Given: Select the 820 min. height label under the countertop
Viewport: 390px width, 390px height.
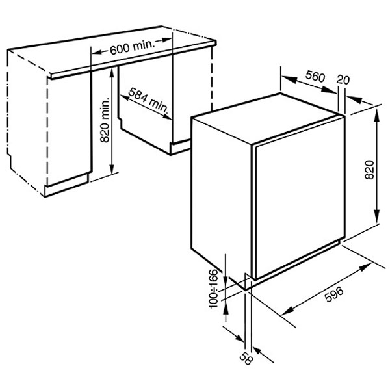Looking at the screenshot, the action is [x=105, y=120].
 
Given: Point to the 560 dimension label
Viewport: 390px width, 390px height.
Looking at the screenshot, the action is [x=315, y=76].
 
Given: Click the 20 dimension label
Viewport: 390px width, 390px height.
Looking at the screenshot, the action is [x=343, y=79].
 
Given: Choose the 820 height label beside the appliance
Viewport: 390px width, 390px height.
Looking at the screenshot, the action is [x=369, y=170].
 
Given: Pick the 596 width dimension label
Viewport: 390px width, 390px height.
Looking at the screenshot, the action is [x=334, y=294].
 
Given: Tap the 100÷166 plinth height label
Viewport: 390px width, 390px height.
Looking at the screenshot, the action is [x=213, y=289].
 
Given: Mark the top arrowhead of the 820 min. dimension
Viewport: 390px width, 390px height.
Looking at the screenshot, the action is [x=112, y=73].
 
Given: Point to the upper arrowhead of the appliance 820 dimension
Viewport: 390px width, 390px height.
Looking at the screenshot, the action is [x=377, y=114].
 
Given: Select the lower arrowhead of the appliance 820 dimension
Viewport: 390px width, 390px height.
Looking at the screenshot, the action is [x=377, y=216].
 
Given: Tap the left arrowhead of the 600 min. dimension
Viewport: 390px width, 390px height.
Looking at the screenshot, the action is [x=97, y=52].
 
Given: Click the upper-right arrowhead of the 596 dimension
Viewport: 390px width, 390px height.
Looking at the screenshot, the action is [x=365, y=267].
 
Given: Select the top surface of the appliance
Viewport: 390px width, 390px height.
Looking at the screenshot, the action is [x=267, y=118].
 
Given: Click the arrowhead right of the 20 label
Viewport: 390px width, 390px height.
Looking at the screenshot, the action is [x=355, y=99].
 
